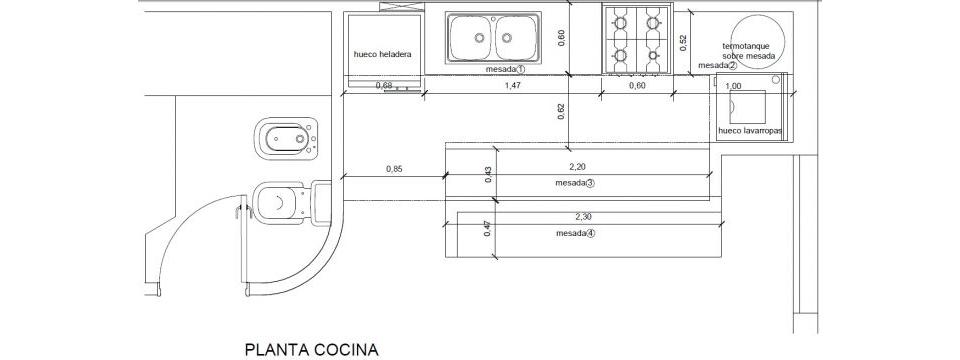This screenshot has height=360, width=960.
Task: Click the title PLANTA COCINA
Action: pos(312,350)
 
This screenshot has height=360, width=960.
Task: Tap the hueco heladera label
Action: pos(383,54)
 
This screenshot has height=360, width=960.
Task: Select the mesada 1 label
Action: pos(506,69)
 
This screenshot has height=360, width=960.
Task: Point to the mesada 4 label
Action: pos(576,233)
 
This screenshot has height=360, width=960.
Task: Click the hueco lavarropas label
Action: pos(751,130)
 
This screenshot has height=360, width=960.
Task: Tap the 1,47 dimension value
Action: pos(512,86)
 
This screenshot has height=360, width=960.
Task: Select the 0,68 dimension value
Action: pos(384,86)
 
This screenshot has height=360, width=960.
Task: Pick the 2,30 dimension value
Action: pos(584,216)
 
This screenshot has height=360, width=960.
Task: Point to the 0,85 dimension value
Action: pos(394,168)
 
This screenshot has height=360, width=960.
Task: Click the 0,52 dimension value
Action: pos(684,42)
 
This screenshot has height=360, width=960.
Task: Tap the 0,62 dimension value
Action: pos(561,111)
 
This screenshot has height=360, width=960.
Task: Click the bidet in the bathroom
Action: pos(287,138)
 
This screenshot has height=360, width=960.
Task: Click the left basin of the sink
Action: pos(471,38)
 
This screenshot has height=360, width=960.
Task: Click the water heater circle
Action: pos(757,39)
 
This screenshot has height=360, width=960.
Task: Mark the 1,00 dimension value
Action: pos(733,86)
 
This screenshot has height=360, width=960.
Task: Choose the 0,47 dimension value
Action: pos(487,228)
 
